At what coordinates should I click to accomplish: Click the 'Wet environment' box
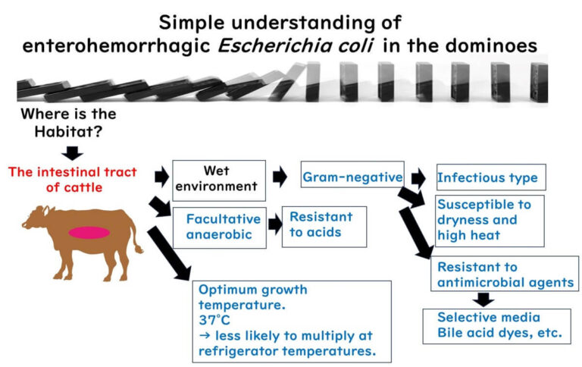pyautogui.click(x=219, y=180)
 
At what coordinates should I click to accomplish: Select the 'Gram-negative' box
pyautogui.click(x=352, y=177)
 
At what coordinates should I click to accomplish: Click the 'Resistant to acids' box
pyautogui.click(x=324, y=225)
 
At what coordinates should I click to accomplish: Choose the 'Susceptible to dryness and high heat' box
pyautogui.click(x=490, y=221)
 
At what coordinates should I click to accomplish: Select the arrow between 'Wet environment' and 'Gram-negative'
pyautogui.click(x=280, y=177)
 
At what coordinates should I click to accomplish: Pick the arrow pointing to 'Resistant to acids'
pyautogui.click(x=271, y=224)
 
